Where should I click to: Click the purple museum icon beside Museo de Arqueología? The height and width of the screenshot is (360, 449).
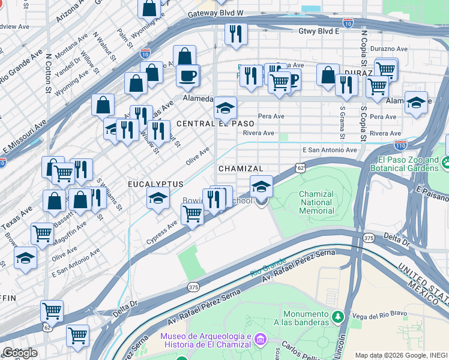(x=260, y=340)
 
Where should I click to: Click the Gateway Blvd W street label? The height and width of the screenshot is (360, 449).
(x=215, y=13)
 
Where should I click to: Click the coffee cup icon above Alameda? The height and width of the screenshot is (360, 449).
(x=188, y=76)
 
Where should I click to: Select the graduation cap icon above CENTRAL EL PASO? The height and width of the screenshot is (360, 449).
(x=225, y=109)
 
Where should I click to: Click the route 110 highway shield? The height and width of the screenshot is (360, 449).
(x=400, y=145)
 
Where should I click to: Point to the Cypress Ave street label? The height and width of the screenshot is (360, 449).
(x=161, y=233)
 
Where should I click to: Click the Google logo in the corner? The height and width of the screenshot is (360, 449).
(x=20, y=353)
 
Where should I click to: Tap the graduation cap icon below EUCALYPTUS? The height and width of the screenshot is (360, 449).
(x=157, y=199)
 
